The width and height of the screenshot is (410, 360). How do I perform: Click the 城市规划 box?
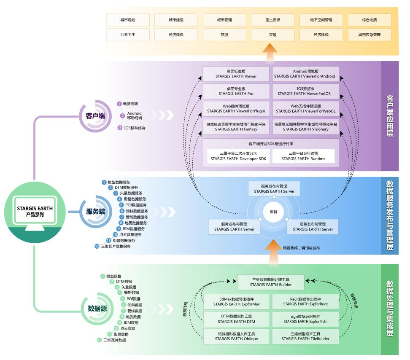coord(128,20)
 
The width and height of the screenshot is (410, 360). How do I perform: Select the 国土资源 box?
coord(272,20)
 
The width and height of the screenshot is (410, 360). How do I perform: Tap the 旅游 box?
coord(224,35)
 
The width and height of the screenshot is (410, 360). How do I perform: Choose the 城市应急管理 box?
coord(369,35)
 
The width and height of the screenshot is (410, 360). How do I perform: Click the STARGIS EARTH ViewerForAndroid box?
coord(305,74)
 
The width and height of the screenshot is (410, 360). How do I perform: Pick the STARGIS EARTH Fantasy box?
coord(236,127)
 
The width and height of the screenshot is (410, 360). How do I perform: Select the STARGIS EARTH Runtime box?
coord(303,156)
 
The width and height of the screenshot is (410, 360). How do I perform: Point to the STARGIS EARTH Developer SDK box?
coord(238,156)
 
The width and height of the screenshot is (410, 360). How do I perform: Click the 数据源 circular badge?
coord(97,309)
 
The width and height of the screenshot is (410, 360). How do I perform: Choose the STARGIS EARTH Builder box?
coord(270,282)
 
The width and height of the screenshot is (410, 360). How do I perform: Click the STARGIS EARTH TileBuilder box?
coord(305,336)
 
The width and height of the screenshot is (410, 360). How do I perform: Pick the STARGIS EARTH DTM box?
coord(236,319)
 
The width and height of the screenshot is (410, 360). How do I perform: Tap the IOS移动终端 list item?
coord(135,128)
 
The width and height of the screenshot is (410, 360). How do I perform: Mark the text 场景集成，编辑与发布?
coord(301,248)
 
